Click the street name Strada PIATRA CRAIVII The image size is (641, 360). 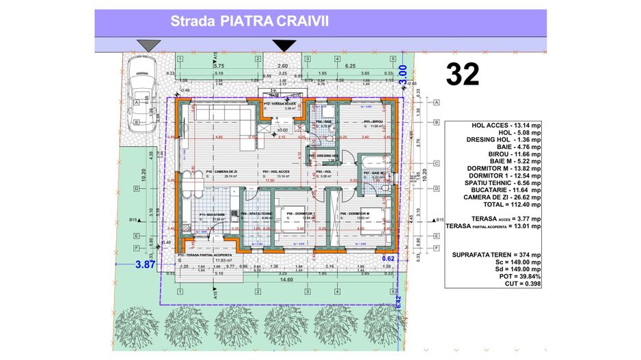click(x=249, y=21)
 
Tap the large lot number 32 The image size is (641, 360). click(x=462, y=74)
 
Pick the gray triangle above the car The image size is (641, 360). click(x=148, y=45)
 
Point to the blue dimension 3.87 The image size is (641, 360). click(x=145, y=264)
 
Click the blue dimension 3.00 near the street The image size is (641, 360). click(x=403, y=74)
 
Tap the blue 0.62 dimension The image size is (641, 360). click(x=389, y=259)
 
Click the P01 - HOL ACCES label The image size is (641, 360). click(x=275, y=171)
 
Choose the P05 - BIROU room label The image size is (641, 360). click(x=374, y=122)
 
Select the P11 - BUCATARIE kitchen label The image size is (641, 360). click(x=213, y=214)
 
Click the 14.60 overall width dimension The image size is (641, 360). click(x=282, y=279)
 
